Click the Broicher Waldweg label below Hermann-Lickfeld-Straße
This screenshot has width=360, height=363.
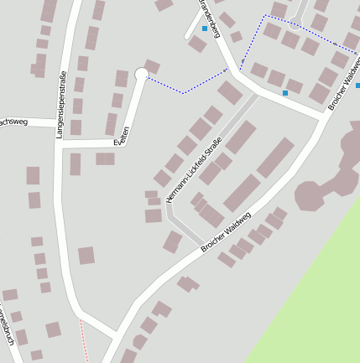point(227,232)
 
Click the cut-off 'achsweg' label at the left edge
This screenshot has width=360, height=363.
point(15,122)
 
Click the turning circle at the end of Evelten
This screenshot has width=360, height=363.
point(141,75)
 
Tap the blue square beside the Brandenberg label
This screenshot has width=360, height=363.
point(204,29)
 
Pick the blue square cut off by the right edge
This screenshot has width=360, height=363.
point(357,85)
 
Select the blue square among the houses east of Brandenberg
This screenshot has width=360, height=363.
point(285,92)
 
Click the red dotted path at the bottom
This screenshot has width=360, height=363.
point(84,340)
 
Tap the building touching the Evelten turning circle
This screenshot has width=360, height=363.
point(152,66)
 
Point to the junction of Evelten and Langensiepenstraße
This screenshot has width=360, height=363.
point(65,144)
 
